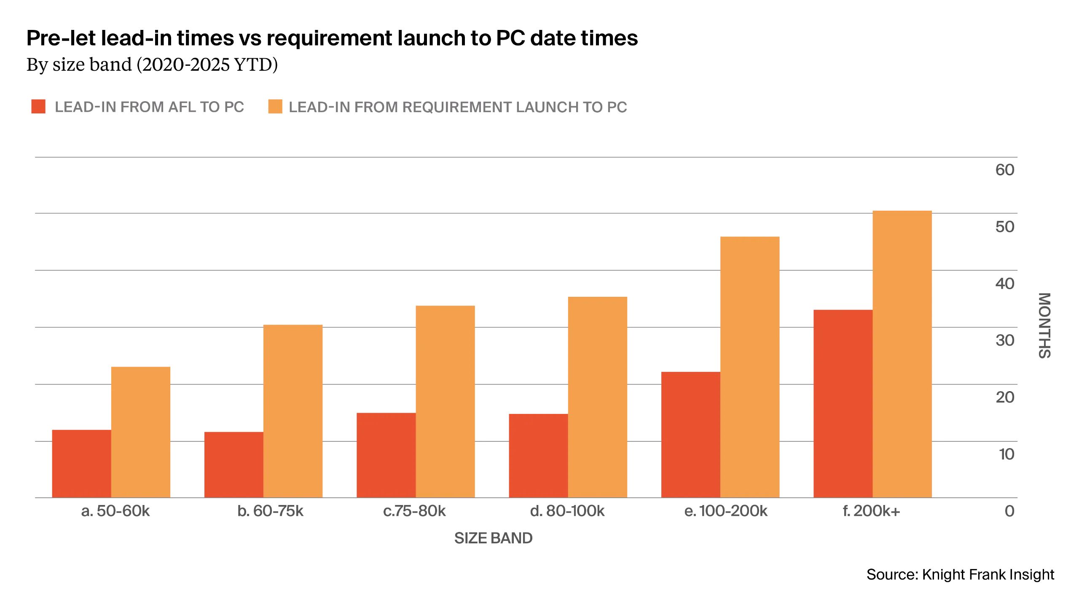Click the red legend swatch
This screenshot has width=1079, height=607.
(x=38, y=107)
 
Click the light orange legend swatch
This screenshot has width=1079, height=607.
(x=274, y=107)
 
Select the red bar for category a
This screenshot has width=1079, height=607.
(x=81, y=463)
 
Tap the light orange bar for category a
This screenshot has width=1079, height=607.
(x=140, y=431)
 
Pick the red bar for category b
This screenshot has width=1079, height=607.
(x=233, y=464)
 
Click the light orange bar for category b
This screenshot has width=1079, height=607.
(x=293, y=411)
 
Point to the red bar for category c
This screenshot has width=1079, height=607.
(x=386, y=454)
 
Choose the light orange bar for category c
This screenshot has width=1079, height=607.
(x=445, y=400)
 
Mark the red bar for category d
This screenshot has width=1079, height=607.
(x=537, y=455)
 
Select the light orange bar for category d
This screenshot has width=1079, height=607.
(x=599, y=397)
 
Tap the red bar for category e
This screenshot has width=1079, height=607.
(x=690, y=434)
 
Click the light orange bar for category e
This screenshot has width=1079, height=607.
(x=751, y=367)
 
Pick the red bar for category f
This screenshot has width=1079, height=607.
(x=843, y=403)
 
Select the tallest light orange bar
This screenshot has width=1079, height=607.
(x=902, y=353)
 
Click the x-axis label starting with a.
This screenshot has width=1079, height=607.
(x=115, y=513)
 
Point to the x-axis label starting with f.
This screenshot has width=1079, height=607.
(x=870, y=513)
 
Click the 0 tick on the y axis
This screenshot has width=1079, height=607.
(x=1010, y=512)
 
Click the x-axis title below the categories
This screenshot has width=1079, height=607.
(x=492, y=539)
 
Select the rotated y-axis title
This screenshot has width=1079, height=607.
(x=1045, y=325)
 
